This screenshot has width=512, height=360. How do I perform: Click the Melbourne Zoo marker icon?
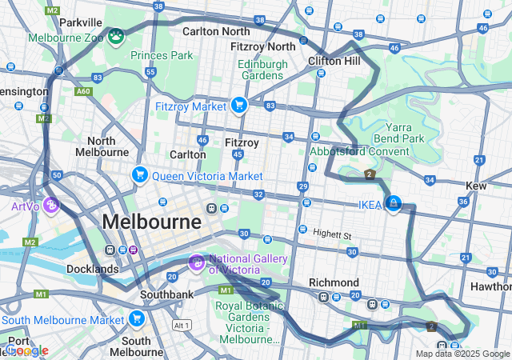pyautogui.click(x=117, y=37)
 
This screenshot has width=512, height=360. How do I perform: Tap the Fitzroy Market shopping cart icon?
pyautogui.click(x=238, y=105)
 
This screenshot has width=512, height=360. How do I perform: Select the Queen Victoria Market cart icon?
pyautogui.click(x=140, y=174)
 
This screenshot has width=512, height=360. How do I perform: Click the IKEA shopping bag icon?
pyautogui.click(x=393, y=204)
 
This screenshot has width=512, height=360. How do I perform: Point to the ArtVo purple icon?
pyautogui.click(x=51, y=206)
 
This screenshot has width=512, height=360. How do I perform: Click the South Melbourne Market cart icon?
pyautogui.click(x=137, y=320)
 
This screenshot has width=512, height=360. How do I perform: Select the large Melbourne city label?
pyautogui.click(x=151, y=221)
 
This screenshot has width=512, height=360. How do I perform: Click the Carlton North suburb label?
pyautogui.click(x=216, y=31)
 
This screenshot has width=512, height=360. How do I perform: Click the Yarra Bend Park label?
pyautogui.click(x=404, y=133)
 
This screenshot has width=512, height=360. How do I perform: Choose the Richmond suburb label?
pyautogui.click(x=334, y=282)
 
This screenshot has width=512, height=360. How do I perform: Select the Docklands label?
pyautogui.click(x=93, y=269)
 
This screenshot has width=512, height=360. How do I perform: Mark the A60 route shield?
pyautogui.click(x=83, y=92)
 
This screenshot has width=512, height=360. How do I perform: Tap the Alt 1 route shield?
pyautogui.click(x=182, y=325)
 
